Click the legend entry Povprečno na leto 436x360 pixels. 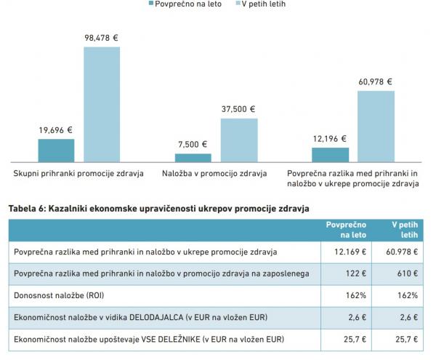tap(185, 4)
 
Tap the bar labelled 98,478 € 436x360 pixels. tap(102, 103)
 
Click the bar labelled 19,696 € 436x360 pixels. tap(57, 150)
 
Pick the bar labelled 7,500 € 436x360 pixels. tap(193, 157)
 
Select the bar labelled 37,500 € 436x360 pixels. tap(239, 139)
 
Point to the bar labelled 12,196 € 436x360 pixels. tap(330, 154)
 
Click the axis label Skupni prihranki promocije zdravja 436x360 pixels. tap(78, 174)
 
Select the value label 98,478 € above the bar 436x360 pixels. tap(102, 38)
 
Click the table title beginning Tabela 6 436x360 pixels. tap(158, 208)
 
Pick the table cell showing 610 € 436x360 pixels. tap(408, 273)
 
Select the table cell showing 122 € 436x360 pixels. tap(357, 273)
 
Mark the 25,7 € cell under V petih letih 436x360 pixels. tap(406, 339)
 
